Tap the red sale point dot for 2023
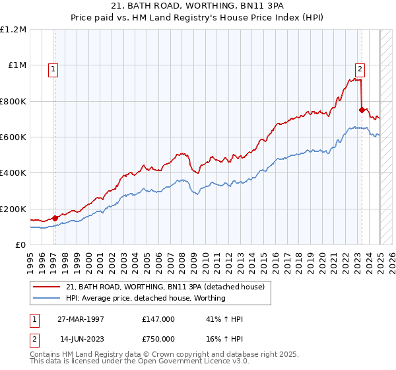[x=362, y=110]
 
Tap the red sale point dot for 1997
[x=55, y=217]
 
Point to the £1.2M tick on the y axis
[x=13, y=30]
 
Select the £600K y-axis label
[x=13, y=137]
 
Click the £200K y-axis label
[x=13, y=209]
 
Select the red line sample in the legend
[x=46, y=287]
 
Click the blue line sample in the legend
[x=46, y=298]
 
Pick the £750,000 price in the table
[x=158, y=340]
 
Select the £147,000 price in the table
[x=158, y=320]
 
